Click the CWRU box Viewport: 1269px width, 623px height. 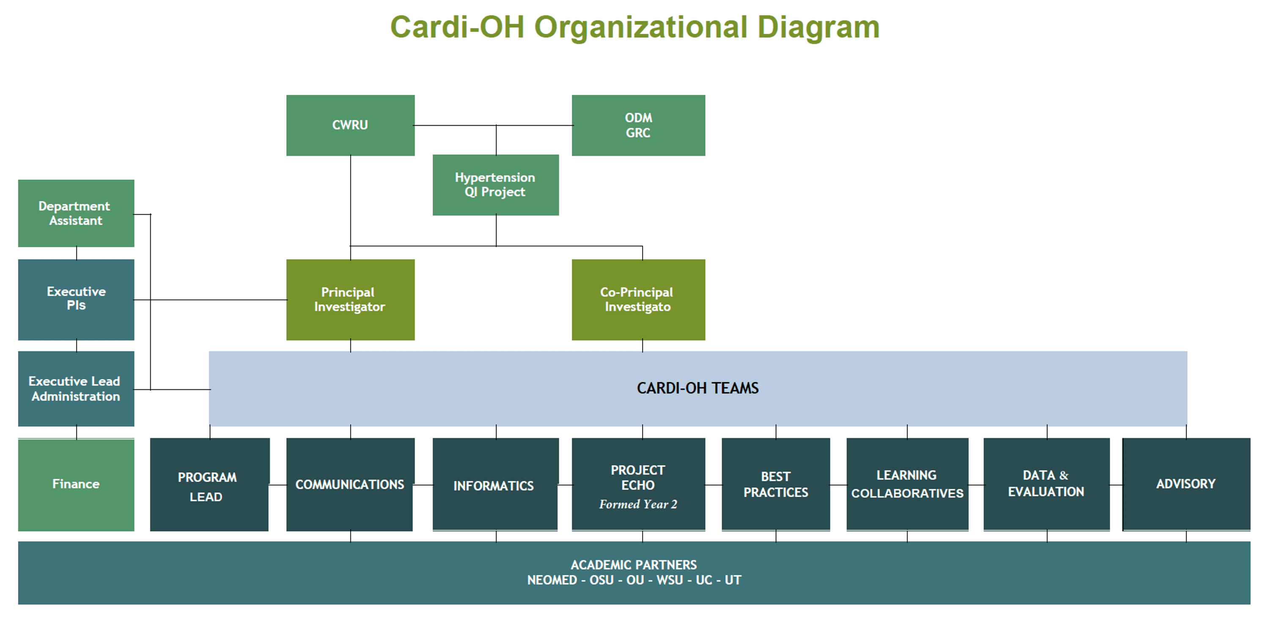(x=350, y=125)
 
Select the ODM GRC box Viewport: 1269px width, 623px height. (x=638, y=125)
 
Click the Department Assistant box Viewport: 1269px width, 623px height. (x=76, y=213)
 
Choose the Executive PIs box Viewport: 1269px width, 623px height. (x=76, y=299)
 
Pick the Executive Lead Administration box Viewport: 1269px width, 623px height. (x=76, y=389)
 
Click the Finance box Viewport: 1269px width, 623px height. (x=76, y=484)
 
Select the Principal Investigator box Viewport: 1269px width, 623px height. (x=350, y=299)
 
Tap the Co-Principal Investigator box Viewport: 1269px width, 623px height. (x=638, y=299)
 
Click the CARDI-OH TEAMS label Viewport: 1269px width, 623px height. (x=698, y=389)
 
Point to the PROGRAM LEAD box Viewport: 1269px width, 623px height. (x=209, y=485)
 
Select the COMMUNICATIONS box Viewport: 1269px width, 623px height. (x=349, y=485)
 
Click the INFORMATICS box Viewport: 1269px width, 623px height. (x=494, y=485)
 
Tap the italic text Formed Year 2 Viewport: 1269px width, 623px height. (x=638, y=504)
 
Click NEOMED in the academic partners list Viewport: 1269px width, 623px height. (x=552, y=580)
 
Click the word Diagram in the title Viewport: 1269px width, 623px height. (x=818, y=28)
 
